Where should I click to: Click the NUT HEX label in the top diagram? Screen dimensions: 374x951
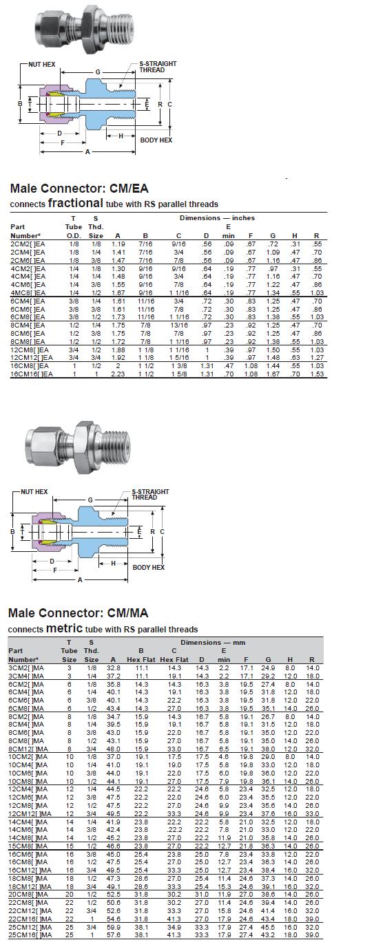tap(41, 65)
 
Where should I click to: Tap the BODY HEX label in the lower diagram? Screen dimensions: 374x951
tap(148, 567)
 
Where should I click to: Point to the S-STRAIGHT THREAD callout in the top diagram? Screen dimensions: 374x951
tap(158, 67)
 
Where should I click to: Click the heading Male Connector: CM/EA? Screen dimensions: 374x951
tap(79, 188)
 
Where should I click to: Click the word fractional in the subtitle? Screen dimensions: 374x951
tap(75, 203)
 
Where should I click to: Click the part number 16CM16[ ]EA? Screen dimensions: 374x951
tap(32, 374)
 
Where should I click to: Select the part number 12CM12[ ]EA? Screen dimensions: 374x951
tap(32, 358)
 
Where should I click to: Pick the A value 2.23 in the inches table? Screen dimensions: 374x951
tap(118, 374)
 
